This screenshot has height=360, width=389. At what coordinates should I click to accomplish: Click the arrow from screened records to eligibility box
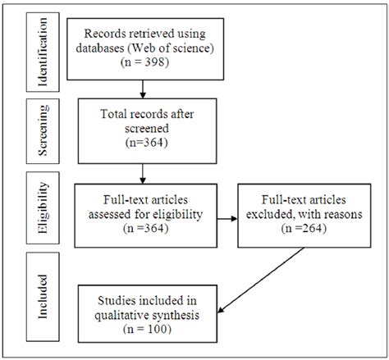(x=143, y=171)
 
